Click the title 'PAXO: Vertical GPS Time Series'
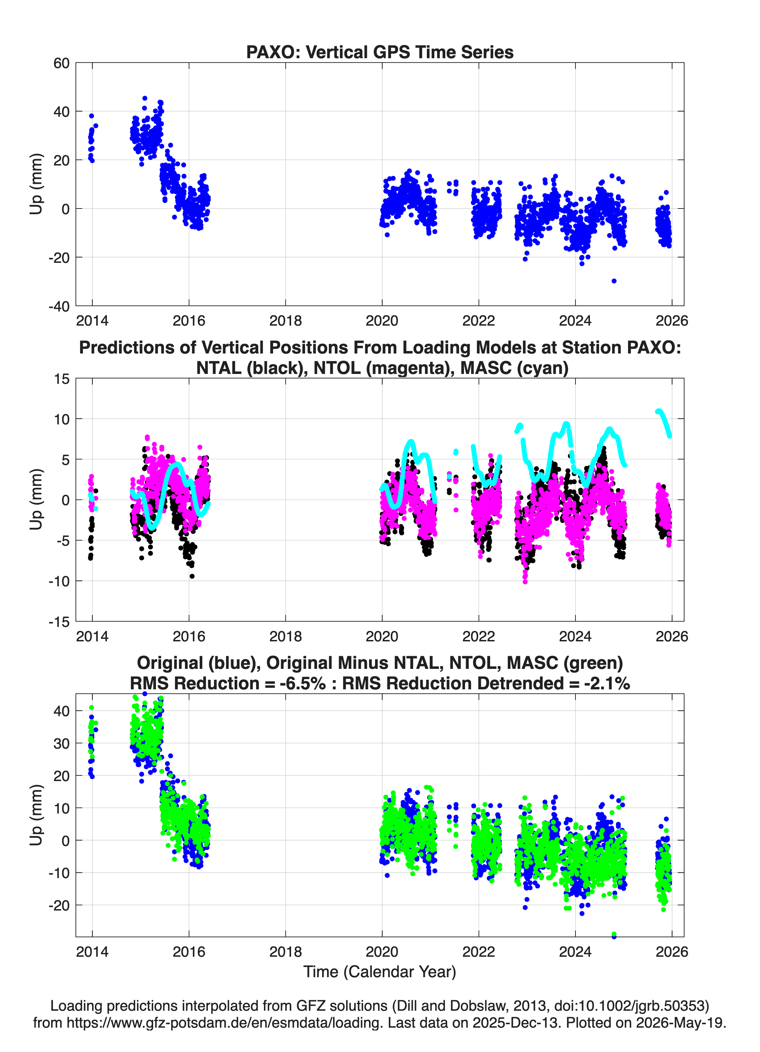coord(380,52)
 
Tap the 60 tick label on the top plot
coord(61,63)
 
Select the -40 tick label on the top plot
coord(59,306)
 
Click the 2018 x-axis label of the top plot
coord(285,321)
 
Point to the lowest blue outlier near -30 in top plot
coord(614,280)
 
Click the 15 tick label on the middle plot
coord(62,379)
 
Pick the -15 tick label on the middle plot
coord(59,622)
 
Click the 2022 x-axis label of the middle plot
coord(479,636)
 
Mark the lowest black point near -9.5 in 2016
coord(192,576)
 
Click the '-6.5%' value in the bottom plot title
coord(303,683)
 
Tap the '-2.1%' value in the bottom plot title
coord(607,683)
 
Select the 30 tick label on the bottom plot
coord(61,743)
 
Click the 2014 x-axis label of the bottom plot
coord(92,951)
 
